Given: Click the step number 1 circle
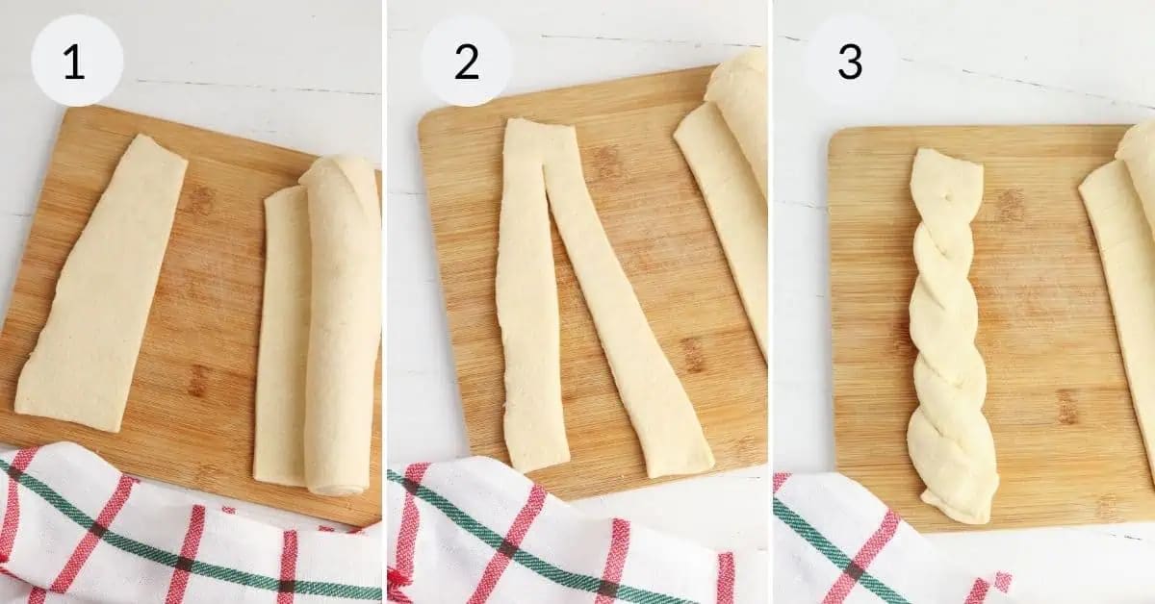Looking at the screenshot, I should (x=77, y=61).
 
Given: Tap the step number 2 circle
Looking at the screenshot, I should (x=466, y=61).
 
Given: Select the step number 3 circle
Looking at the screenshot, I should (x=849, y=61).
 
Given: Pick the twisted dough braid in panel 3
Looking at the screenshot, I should (x=948, y=337).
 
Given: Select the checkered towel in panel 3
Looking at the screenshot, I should (x=866, y=543).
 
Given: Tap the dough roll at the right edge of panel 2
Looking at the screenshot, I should (x=731, y=192).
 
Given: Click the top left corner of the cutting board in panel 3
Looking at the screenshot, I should (x=834, y=133).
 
